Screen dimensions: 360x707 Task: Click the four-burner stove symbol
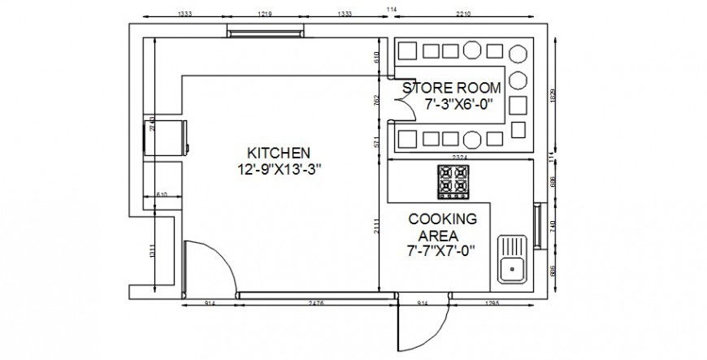(453, 182)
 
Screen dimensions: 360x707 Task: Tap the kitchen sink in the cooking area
(513, 258)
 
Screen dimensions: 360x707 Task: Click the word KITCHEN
(279, 152)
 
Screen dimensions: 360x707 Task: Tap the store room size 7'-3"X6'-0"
(460, 104)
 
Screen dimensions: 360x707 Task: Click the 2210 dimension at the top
(463, 14)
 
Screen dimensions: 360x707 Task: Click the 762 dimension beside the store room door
(376, 101)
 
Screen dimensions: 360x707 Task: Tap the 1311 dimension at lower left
(151, 251)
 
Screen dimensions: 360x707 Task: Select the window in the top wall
(266, 33)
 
